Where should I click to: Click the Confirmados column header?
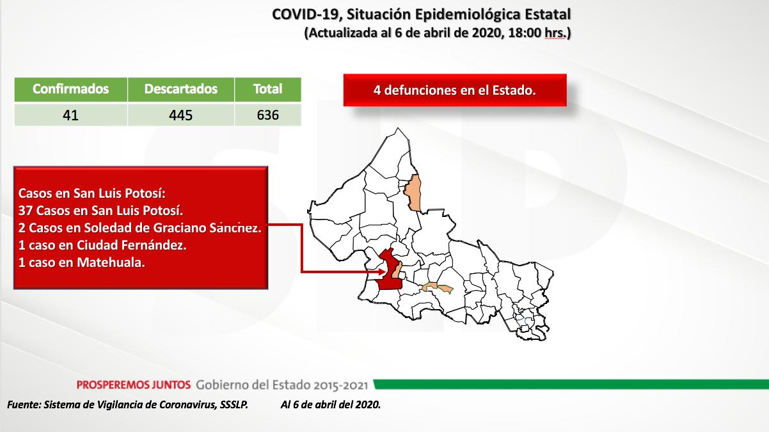pyautogui.click(x=71, y=90)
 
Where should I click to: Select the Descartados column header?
pyautogui.click(x=181, y=90)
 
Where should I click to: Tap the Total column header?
pyautogui.click(x=268, y=90)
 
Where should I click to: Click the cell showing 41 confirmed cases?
pyautogui.click(x=71, y=115)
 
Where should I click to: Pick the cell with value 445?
pyautogui.click(x=181, y=115)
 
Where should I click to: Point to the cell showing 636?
pyautogui.click(x=268, y=115)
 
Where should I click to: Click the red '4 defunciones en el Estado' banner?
pyautogui.click(x=455, y=90)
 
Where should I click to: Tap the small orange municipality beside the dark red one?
pyautogui.click(x=397, y=270)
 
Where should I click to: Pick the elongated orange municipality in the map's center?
pyautogui.click(x=438, y=287)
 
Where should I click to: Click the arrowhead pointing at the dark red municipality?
pyautogui.click(x=382, y=272)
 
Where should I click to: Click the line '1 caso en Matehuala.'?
pyautogui.click(x=82, y=262)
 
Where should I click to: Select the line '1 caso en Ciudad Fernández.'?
pyautogui.click(x=102, y=245)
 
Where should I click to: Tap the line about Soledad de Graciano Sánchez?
pyautogui.click(x=139, y=228)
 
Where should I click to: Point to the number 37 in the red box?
pyautogui.click(x=26, y=211)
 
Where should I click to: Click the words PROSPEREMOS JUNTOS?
pyautogui.click(x=134, y=385)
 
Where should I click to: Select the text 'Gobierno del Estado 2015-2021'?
pyautogui.click(x=282, y=385)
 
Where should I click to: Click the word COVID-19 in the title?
pyautogui.click(x=307, y=15)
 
